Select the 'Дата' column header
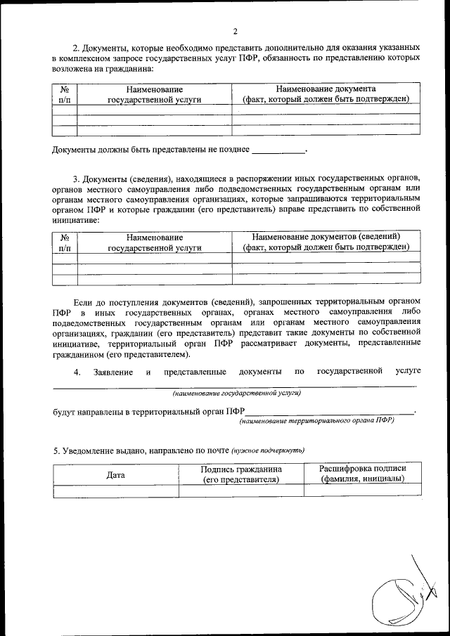point(115,474)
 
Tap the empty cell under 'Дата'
point(115,491)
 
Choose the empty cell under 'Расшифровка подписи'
point(362,491)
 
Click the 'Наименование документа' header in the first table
point(326,89)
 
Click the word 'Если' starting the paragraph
point(82,292)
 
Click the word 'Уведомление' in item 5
point(88,450)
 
